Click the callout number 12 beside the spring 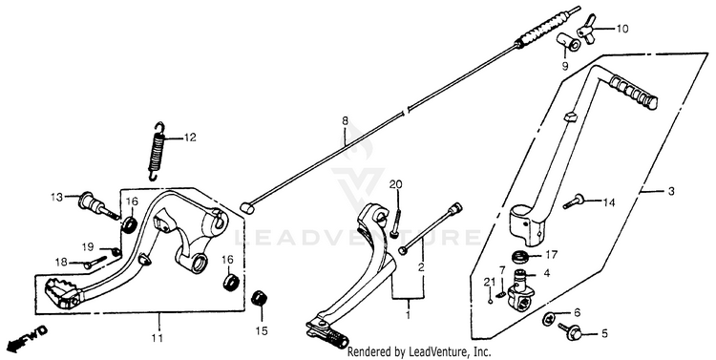click(x=190, y=138)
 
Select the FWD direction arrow click(x=28, y=338)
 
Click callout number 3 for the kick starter click(x=671, y=192)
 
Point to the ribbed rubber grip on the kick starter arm click(x=633, y=94)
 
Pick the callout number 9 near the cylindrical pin click(x=565, y=67)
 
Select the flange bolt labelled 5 click(x=570, y=332)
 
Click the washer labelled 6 click(x=549, y=318)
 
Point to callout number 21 click(x=489, y=283)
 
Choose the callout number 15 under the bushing click(x=262, y=331)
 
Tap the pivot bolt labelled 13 click(x=97, y=206)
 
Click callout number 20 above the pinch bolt click(x=396, y=184)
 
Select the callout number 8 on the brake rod click(x=345, y=121)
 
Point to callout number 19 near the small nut click(x=88, y=247)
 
